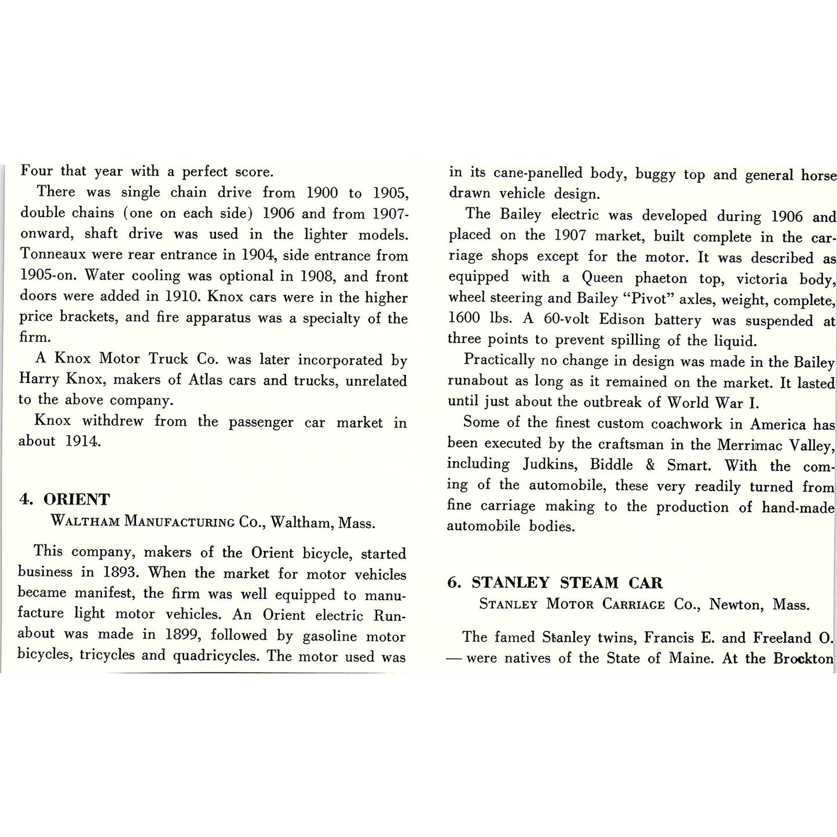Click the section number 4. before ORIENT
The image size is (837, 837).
pyautogui.click(x=26, y=500)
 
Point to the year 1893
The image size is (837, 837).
pyautogui.click(x=119, y=573)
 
